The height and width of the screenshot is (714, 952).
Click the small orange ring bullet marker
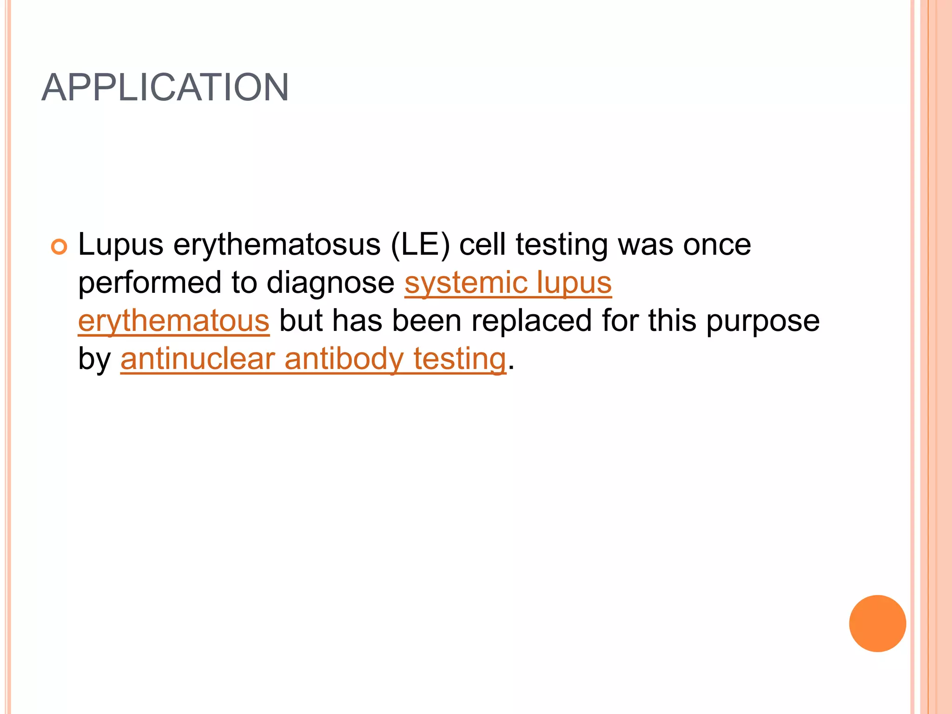[x=59, y=246]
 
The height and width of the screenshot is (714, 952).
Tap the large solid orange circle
[x=877, y=623]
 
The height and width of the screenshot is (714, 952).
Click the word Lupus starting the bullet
[x=120, y=245]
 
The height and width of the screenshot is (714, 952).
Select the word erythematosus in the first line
[x=277, y=245]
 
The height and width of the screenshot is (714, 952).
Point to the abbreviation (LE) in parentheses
[x=420, y=245]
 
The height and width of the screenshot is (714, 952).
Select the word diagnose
[x=331, y=283]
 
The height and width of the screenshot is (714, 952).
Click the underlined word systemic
[x=465, y=283]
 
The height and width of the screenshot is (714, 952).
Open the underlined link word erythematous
[x=174, y=321]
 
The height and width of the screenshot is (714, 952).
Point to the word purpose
[x=762, y=321]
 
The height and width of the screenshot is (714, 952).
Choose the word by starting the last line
[x=94, y=359]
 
